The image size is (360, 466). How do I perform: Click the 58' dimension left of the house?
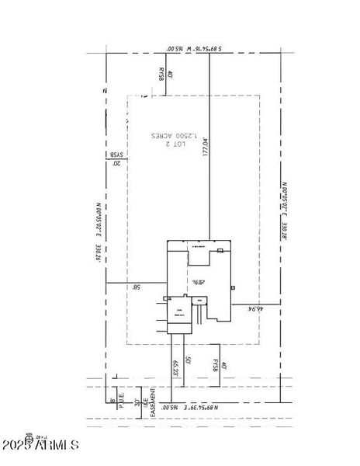click(x=136, y=287)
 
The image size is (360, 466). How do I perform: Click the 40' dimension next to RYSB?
click(x=169, y=75)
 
